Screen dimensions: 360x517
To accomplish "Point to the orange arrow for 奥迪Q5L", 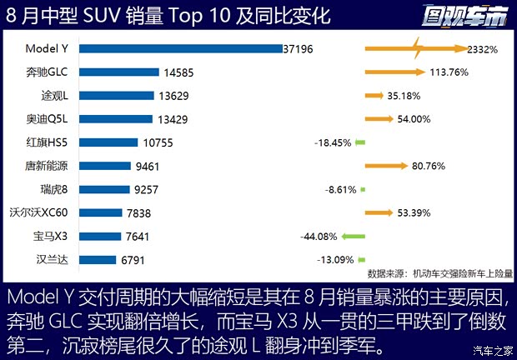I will click(x=379, y=119).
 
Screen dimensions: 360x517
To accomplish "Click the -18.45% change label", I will click(x=332, y=142).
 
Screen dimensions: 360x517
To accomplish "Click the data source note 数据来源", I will click(x=440, y=272).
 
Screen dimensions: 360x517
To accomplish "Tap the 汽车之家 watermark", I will click(x=491, y=349).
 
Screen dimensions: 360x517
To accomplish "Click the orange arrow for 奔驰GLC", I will click(x=394, y=72).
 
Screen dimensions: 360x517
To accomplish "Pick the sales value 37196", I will click(x=298, y=49).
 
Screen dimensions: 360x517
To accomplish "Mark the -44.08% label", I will click(x=319, y=236).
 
